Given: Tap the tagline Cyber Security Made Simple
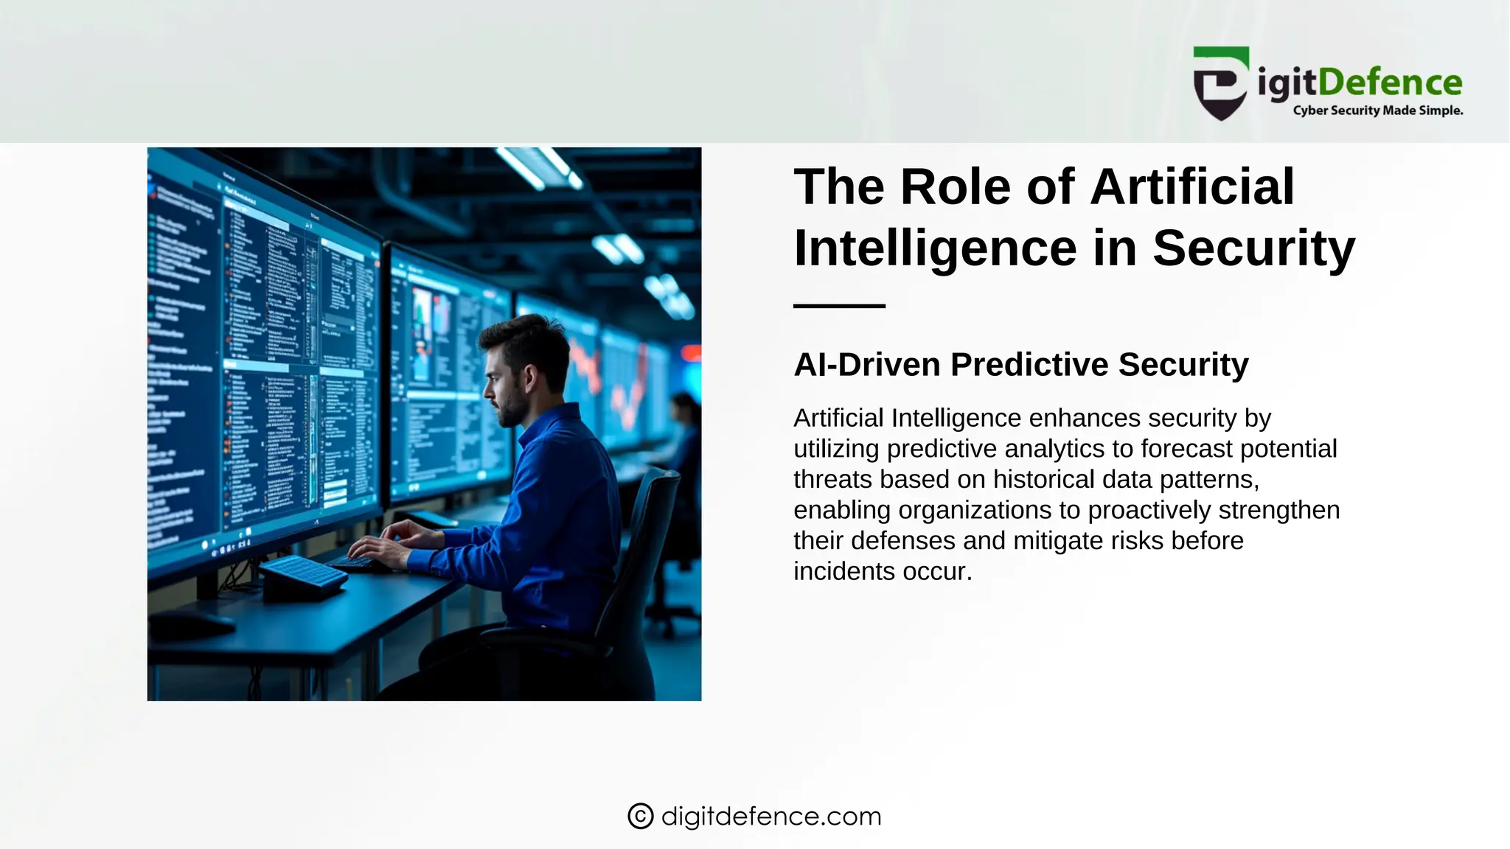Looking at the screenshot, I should tap(1377, 111).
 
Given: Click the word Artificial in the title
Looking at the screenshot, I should tap(1191, 186).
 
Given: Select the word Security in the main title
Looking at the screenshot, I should tap(1253, 248).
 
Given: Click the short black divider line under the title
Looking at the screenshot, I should tap(839, 305).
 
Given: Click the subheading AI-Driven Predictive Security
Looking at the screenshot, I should tap(1020, 365).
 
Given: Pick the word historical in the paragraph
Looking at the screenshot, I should tap(1044, 479).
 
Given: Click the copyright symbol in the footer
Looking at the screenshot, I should tap(640, 816).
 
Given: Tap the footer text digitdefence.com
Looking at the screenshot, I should tap(771, 816).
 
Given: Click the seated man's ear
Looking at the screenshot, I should tap(529, 380).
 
